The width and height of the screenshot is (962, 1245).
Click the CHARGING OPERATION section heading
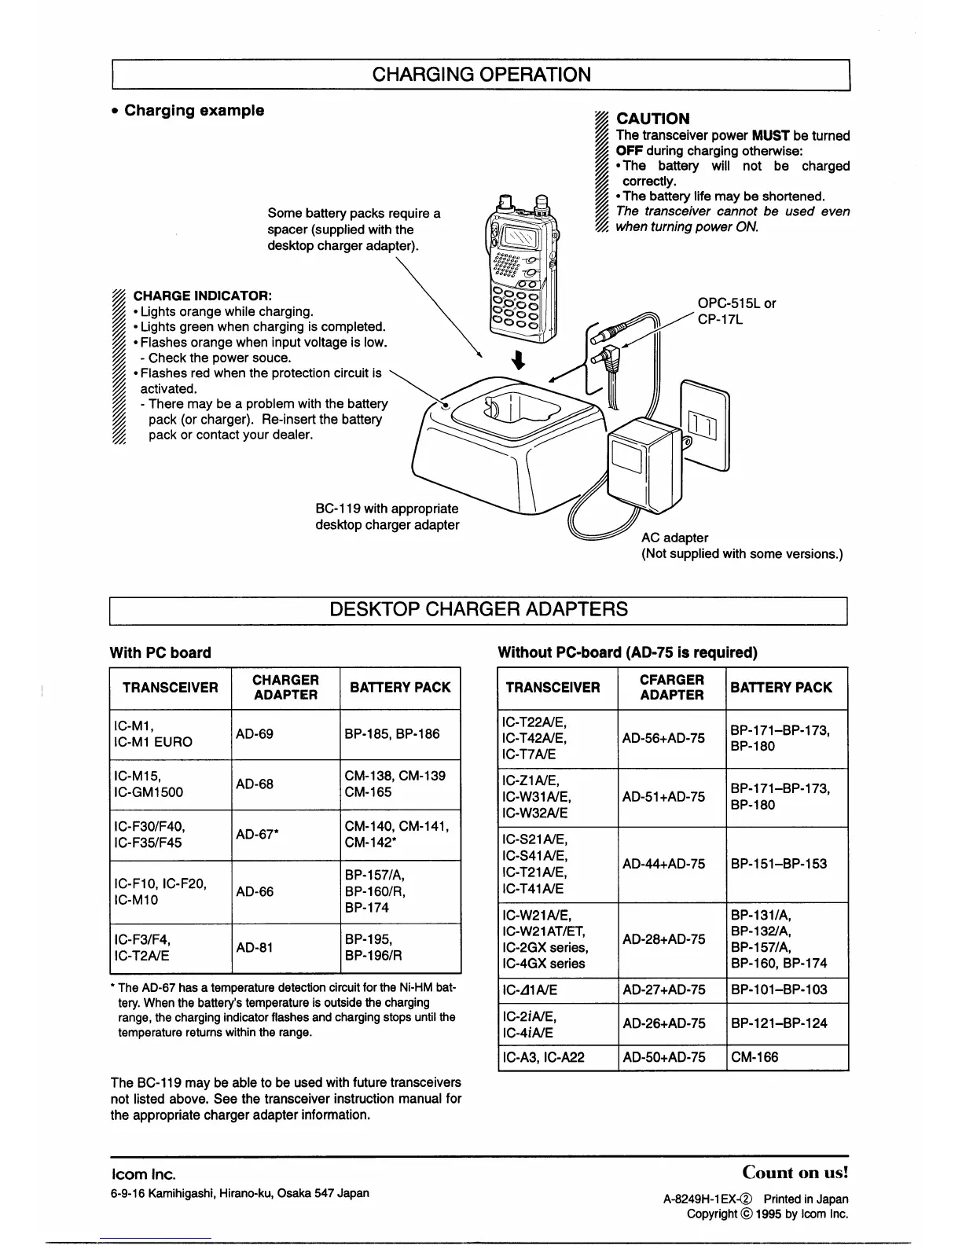[481, 75]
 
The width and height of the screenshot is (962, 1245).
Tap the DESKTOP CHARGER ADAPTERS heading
[479, 609]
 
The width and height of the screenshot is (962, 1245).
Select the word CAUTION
[653, 119]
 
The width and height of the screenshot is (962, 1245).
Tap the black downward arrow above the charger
[518, 360]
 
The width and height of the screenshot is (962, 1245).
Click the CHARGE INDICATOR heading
[203, 296]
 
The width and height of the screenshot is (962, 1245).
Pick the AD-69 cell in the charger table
[255, 734]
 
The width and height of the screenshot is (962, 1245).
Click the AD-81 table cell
[255, 948]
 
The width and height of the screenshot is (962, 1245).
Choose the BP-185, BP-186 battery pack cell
[392, 734]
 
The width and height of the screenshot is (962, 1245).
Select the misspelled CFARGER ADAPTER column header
[672, 688]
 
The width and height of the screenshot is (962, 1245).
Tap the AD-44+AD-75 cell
[663, 864]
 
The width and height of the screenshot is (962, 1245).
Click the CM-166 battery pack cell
[755, 1057]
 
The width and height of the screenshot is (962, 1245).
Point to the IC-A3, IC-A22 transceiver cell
[543, 1057]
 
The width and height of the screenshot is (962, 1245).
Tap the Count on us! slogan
[795, 1173]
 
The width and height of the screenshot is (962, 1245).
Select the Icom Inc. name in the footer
[143, 1174]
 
